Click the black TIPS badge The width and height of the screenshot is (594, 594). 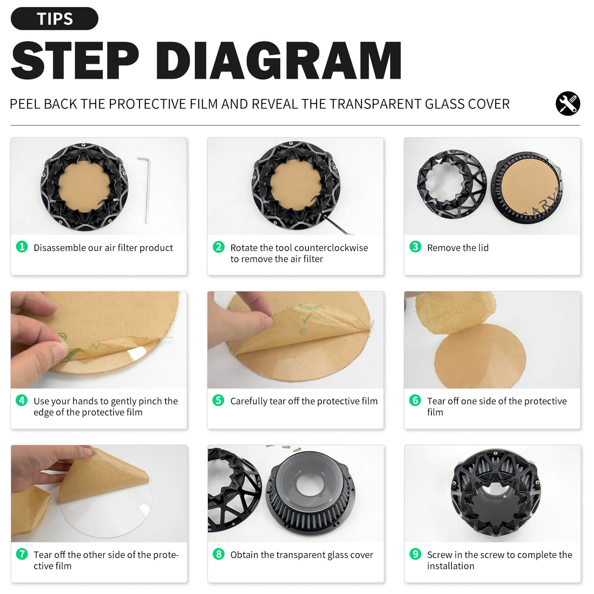[55, 19]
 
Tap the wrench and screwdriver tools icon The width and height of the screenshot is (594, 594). [568, 104]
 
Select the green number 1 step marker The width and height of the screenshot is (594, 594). [22, 247]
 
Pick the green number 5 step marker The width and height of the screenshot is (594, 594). [218, 400]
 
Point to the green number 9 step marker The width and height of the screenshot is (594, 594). [415, 554]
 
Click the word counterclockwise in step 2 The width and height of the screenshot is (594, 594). [333, 248]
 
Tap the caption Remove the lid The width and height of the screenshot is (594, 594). [458, 248]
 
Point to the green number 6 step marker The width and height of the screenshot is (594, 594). [415, 400]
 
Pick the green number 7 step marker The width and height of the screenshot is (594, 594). [22, 554]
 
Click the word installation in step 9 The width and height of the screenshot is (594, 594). [451, 566]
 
